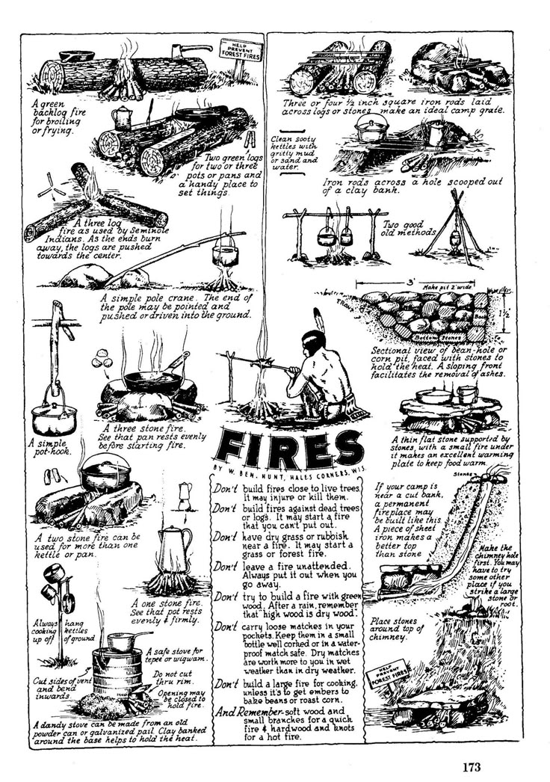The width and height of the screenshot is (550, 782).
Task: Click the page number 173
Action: point(471,766)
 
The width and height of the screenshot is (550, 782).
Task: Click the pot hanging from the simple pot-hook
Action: point(55,413)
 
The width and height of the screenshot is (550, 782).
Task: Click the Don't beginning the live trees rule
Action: point(226,488)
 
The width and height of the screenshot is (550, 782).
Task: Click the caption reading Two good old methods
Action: point(408,228)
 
